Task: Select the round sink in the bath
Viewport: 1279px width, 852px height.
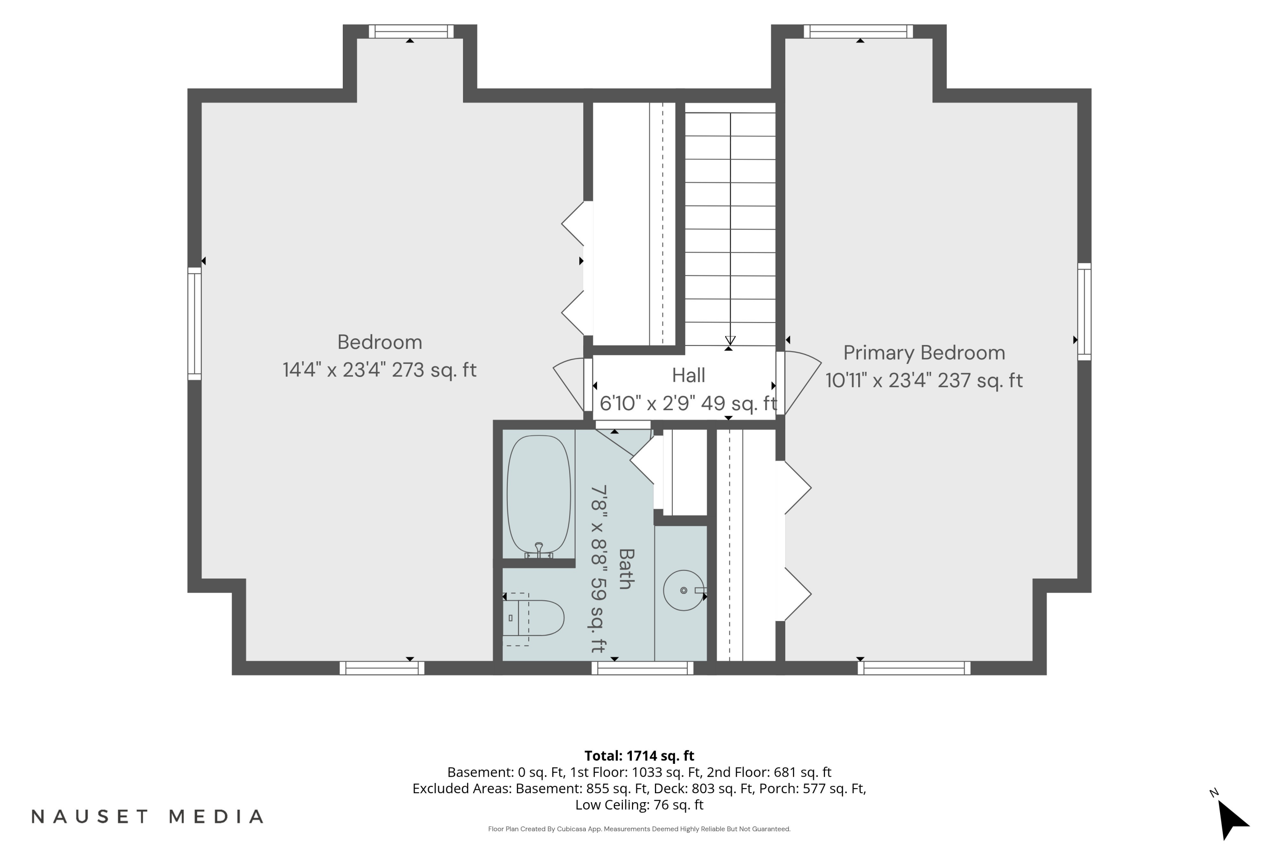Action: pos(683,590)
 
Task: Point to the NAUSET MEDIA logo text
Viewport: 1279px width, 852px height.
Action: pos(148,816)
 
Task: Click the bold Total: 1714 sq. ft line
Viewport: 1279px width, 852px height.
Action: pos(639,755)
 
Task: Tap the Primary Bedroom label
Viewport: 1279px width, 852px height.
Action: pos(924,353)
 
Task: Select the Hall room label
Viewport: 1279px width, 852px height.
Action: pos(689,375)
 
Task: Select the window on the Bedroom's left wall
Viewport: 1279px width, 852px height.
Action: pos(195,323)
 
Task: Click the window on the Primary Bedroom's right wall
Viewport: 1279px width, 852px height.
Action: pos(1084,311)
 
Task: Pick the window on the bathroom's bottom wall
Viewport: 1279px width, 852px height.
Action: pos(642,668)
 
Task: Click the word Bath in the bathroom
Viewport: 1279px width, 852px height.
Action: pos(626,568)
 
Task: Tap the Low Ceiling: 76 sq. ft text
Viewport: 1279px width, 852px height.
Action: pos(639,805)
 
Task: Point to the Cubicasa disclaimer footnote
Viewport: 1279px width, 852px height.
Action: pos(639,829)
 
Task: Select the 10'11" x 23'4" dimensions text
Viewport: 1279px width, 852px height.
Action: pos(924,380)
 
